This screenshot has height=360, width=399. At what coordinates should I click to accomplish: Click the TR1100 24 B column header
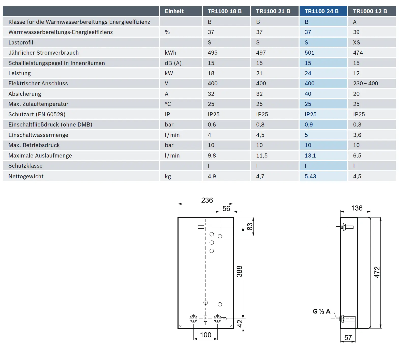click(321, 11)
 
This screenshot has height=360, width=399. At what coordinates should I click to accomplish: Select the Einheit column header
click(174, 11)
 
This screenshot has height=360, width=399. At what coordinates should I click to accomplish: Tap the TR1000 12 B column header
click(370, 11)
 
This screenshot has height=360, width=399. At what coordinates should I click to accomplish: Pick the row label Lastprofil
click(21, 42)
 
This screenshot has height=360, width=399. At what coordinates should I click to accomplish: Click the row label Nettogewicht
click(26, 176)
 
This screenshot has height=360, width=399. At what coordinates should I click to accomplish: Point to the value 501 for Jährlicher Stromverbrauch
click(309, 53)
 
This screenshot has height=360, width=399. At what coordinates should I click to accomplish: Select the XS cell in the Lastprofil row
click(357, 42)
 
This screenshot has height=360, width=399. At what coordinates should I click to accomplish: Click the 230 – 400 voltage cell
click(365, 83)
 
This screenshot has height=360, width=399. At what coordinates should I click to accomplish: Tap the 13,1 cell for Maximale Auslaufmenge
click(310, 155)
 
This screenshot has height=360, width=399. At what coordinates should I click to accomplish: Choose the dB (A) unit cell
click(173, 63)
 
